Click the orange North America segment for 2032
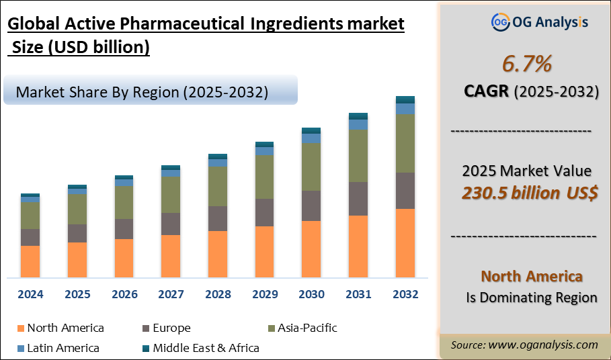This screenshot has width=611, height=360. tap(405, 243)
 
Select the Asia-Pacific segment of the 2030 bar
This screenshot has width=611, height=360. tap(311, 167)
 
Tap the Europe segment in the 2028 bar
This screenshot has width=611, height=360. tap(218, 218)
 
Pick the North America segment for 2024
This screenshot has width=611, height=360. tap(30, 261)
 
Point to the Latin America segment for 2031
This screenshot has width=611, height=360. tap(358, 124)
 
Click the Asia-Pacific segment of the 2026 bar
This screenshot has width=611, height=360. tap(124, 202)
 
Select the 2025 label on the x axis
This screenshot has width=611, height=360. tap(77, 294)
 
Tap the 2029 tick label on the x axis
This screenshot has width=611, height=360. tap(265, 294)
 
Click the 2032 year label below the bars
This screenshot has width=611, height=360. tap(405, 294)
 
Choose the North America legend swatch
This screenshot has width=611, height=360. tap(20, 328)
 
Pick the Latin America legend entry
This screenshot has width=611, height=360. tap(63, 348)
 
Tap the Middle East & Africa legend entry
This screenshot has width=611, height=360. tap(206, 348)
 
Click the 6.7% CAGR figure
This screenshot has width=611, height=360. tap(527, 64)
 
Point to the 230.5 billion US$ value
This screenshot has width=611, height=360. tap(530, 193)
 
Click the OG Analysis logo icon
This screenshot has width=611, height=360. tap(500, 22)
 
